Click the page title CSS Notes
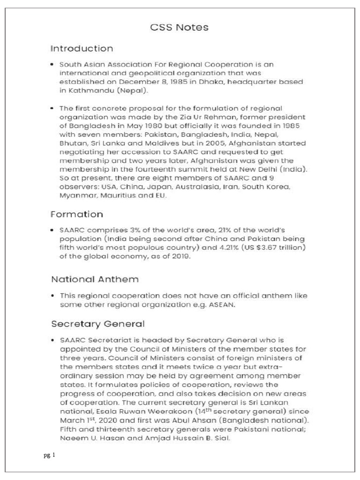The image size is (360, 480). (180, 28)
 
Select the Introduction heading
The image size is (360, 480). (82, 49)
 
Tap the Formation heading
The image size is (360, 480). (76, 214)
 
